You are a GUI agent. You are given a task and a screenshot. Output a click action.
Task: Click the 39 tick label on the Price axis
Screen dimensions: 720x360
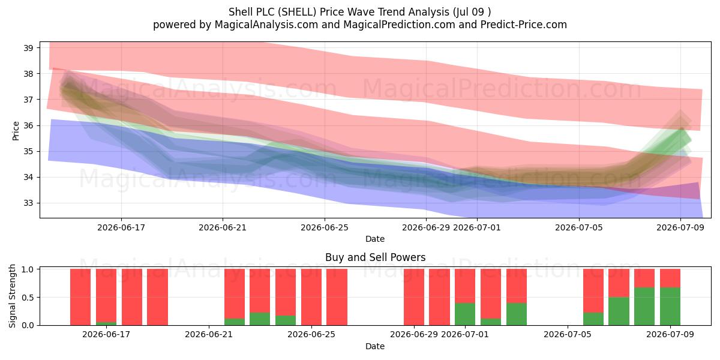point(28,48)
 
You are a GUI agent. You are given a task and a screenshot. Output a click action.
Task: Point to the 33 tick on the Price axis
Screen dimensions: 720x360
point(28,203)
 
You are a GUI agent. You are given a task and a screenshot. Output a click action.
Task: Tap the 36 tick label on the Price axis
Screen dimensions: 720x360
point(28,125)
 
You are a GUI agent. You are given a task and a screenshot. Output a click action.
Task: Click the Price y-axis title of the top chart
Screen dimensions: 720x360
point(16,131)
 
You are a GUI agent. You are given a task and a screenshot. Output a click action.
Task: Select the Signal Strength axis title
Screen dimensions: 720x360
point(12,296)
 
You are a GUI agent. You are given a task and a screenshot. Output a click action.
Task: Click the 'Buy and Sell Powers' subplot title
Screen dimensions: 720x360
point(375,257)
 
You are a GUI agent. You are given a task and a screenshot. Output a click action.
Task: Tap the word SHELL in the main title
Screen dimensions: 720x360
point(297,12)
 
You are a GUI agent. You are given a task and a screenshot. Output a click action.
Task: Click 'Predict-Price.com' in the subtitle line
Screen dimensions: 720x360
point(524,25)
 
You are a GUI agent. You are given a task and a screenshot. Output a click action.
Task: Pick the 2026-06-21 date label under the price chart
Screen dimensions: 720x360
point(223,227)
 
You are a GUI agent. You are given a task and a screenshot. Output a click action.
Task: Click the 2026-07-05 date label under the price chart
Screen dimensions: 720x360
point(579,227)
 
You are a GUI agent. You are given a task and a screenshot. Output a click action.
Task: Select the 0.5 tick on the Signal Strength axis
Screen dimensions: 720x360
point(28,298)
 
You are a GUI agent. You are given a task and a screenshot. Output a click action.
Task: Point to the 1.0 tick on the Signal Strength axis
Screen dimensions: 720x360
point(28,269)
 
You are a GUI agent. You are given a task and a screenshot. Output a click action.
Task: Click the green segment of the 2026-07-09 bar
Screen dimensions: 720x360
point(670,307)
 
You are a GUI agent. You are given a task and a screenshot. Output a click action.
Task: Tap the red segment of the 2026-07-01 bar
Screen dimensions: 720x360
point(465,286)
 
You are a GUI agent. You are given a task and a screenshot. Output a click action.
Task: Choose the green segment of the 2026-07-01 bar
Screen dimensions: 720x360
point(465,314)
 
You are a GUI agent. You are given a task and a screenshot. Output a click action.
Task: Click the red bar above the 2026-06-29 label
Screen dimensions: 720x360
point(413,297)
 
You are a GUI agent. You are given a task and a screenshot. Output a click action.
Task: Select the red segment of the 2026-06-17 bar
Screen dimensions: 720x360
point(106,295)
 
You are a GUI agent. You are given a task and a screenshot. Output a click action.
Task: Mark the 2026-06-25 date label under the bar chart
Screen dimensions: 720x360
point(311,334)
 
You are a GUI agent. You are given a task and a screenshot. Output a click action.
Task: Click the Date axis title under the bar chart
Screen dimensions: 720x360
point(375,346)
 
